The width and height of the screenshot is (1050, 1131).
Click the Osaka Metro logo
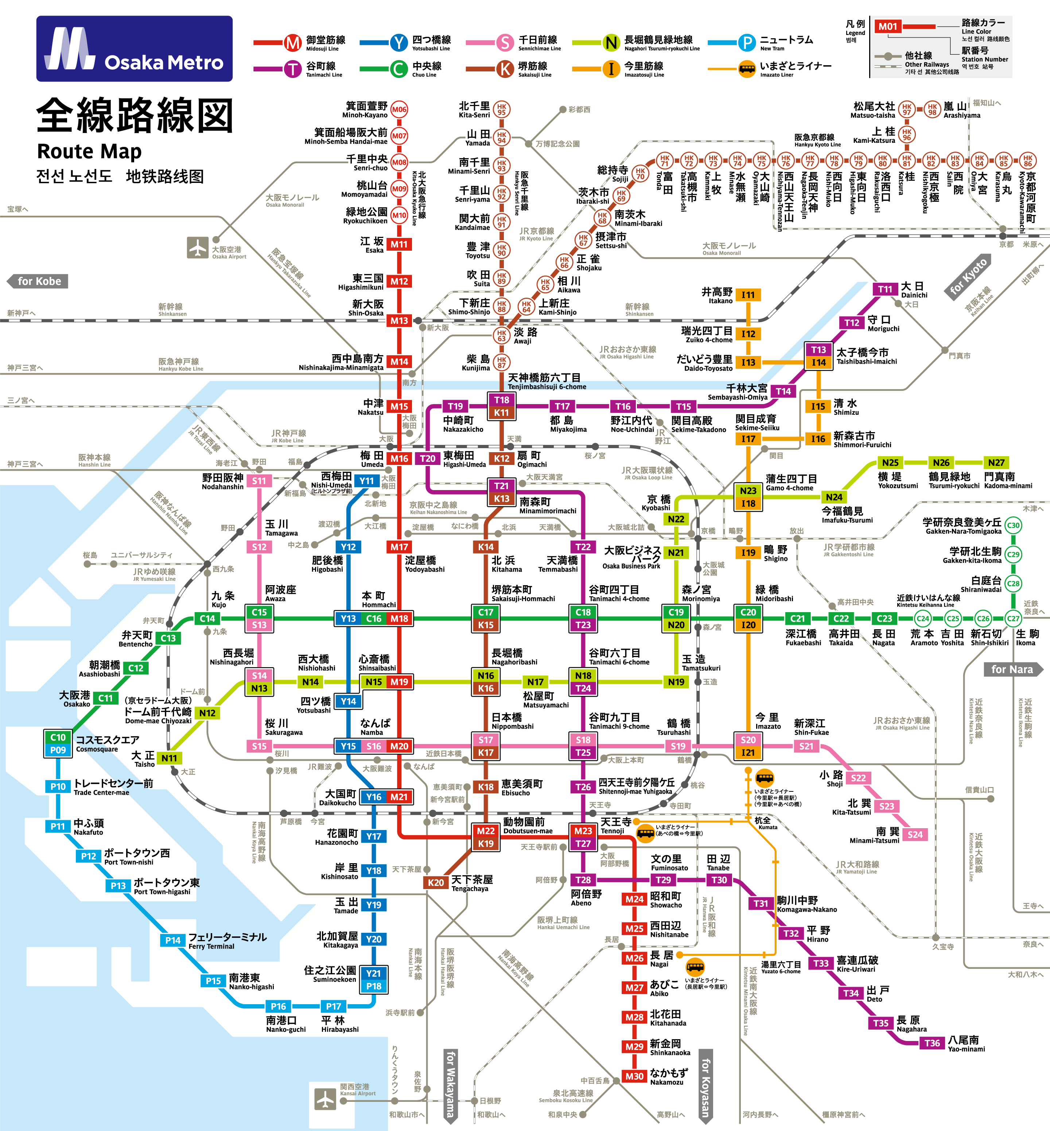tap(134, 49)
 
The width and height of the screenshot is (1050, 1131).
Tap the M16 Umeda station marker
tap(399, 458)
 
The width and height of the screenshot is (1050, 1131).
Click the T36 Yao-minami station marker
tap(932, 1043)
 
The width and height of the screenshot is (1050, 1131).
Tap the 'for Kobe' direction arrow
tap(38, 281)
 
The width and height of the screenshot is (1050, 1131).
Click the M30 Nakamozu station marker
tap(634, 1076)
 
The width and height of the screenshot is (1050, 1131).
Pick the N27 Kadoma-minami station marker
tap(996, 463)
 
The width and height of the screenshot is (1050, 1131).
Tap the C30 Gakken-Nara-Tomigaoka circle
tap(1013, 525)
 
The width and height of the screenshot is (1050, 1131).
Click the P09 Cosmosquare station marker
tap(58, 750)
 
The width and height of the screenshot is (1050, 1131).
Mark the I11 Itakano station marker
tap(748, 295)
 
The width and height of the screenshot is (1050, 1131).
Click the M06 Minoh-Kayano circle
tap(399, 110)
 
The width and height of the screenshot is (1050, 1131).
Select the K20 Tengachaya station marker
tap(436, 882)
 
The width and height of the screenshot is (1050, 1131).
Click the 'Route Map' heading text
tap(89, 152)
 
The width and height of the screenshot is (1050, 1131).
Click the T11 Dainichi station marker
tap(884, 289)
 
